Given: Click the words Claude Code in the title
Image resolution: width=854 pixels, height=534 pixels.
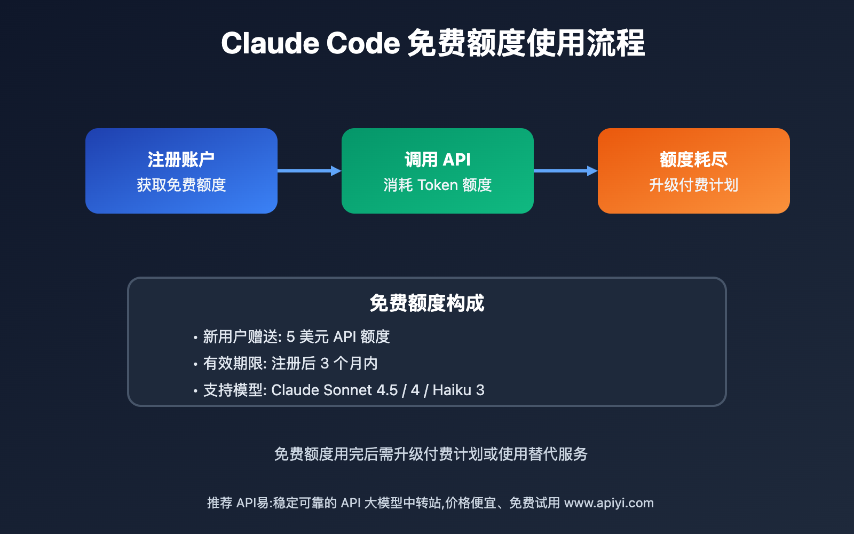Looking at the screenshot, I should coord(310,43).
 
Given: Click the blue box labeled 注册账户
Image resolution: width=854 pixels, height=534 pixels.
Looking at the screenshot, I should coord(181,171).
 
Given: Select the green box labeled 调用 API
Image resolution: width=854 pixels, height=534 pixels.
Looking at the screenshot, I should coord(438,171).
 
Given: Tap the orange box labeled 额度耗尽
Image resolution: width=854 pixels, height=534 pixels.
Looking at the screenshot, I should coord(694,171).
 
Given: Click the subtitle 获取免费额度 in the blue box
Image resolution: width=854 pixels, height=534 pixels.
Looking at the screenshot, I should coord(181,185).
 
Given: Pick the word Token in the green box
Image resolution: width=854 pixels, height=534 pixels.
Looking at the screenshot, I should coord(438,185).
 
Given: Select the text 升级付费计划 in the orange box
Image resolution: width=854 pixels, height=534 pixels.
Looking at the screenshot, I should coord(694,185).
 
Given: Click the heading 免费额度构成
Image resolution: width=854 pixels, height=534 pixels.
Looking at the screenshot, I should coord(427,303).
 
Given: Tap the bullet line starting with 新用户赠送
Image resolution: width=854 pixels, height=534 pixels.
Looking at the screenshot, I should coord(296,337).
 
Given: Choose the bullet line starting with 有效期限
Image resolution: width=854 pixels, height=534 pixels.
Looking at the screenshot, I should coord(290,364).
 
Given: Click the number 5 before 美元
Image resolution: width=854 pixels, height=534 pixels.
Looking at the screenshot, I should coord(291,337).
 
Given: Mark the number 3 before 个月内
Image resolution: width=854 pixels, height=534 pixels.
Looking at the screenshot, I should coord(325,364).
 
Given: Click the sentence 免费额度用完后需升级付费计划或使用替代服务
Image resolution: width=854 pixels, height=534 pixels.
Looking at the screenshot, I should coord(431,454).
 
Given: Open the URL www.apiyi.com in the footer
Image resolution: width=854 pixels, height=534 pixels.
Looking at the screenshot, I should coord(609,503).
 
